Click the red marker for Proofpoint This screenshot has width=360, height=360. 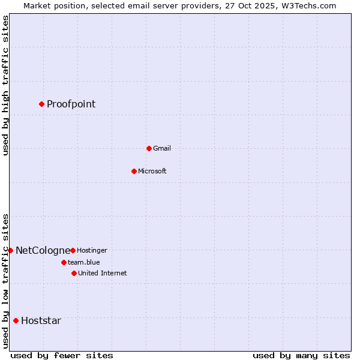click(x=41, y=104)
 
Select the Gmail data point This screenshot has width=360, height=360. click(x=149, y=148)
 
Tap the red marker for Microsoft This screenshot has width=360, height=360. click(x=134, y=171)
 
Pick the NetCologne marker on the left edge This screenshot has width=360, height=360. click(x=10, y=250)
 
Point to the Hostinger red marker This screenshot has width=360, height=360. click(x=73, y=250)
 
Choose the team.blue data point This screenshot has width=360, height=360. click(x=64, y=262)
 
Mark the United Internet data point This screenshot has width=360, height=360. click(x=74, y=273)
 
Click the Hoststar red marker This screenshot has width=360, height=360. click(x=16, y=320)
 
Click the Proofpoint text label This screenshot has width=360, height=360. click(x=71, y=104)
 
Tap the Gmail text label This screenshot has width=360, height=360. click(x=162, y=149)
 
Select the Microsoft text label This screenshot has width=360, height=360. click(x=152, y=172)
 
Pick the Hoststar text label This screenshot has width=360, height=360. click(x=41, y=321)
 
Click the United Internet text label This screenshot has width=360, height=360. click(x=103, y=274)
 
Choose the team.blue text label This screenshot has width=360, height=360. click(x=84, y=263)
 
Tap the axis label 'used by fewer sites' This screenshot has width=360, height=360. click(x=62, y=355)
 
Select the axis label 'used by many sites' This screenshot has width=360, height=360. click(x=301, y=355)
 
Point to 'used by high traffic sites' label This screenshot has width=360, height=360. click(x=5, y=85)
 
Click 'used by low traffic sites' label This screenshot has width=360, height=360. click(x=5, y=281)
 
